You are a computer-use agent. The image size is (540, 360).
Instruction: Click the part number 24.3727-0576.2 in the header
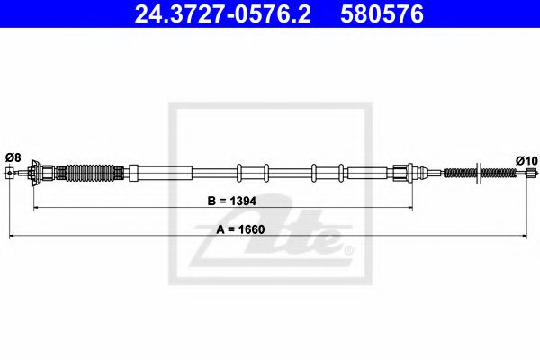click(223, 14)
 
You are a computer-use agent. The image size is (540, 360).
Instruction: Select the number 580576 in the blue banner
click(382, 14)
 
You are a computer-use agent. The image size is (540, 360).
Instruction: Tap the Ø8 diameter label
click(13, 157)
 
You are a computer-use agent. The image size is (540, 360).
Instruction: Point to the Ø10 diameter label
click(526, 160)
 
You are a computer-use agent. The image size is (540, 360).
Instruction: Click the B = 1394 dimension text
click(232, 201)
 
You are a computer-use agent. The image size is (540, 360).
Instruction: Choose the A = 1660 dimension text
click(240, 229)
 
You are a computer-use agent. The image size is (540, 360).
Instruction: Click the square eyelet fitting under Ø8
click(10, 173)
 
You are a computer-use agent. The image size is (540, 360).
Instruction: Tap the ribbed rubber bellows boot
click(90, 173)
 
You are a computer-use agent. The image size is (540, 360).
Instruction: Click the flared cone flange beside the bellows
click(35, 173)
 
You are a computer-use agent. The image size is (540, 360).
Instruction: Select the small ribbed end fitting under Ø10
click(532, 173)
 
